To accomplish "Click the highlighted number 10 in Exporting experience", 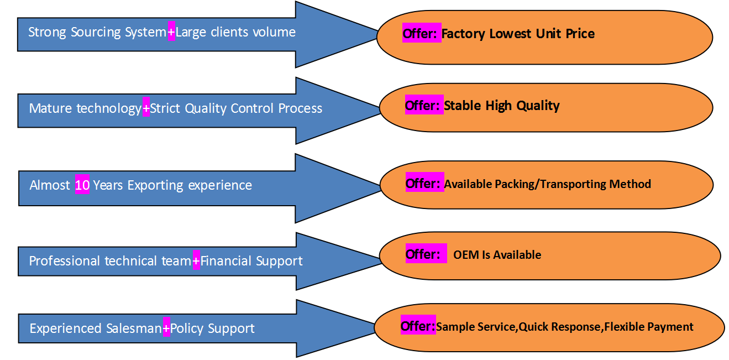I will (x=82, y=185).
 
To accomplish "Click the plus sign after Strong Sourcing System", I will (x=171, y=32).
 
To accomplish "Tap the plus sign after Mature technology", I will (x=146, y=108).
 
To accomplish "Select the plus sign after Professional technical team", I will (x=196, y=260).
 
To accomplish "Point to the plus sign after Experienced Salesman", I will (x=166, y=328).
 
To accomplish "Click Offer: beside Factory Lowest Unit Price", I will (x=421, y=34).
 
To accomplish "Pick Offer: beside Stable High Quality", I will (x=424, y=105).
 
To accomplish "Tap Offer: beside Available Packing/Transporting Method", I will (x=424, y=184).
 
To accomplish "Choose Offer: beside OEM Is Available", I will (x=424, y=254).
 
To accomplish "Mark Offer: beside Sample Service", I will (x=418, y=326).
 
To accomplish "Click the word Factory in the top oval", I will (x=464, y=34).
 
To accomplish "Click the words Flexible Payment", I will (x=649, y=327).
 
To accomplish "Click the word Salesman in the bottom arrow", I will (x=134, y=328).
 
